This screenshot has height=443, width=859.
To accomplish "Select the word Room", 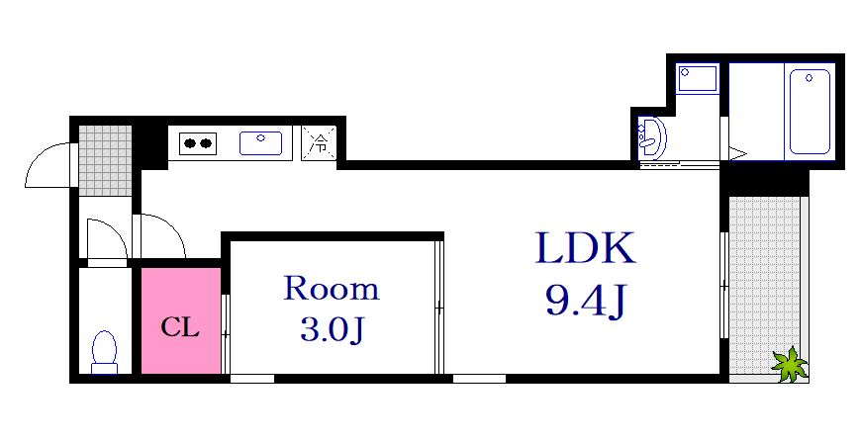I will pyautogui.click(x=332, y=289).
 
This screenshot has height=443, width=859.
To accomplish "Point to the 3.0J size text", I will pyautogui.click(x=332, y=329).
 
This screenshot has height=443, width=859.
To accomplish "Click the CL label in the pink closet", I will pyautogui.click(x=180, y=327).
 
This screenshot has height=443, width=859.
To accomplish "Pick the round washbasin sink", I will pyautogui.click(x=650, y=136).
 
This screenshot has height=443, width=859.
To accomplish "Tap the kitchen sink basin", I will pyautogui.click(x=261, y=144).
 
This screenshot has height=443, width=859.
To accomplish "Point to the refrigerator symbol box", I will pyautogui.click(x=320, y=142).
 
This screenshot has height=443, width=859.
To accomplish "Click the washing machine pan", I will pyautogui.click(x=699, y=79).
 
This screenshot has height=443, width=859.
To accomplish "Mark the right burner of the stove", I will pyautogui.click(x=206, y=144).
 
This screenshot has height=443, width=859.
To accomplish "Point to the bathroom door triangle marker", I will pyautogui.click(x=736, y=152).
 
